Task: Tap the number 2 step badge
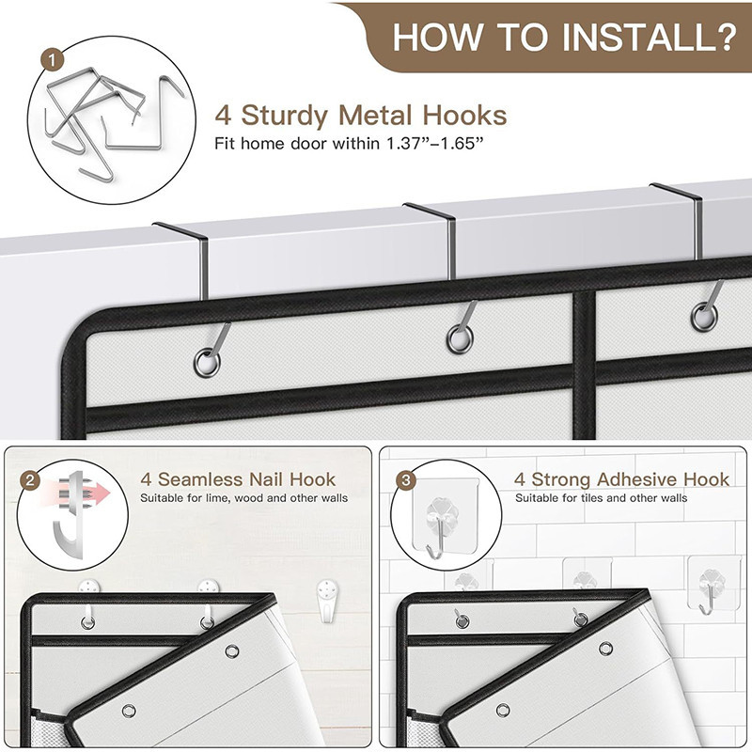tap(30, 480)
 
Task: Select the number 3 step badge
tap(406, 480)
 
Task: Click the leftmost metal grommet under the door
tap(207, 363)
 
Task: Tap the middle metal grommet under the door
tap(460, 339)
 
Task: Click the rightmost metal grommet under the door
tap(704, 317)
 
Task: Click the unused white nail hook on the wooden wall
tap(327, 601)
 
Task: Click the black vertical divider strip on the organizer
tap(584, 365)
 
